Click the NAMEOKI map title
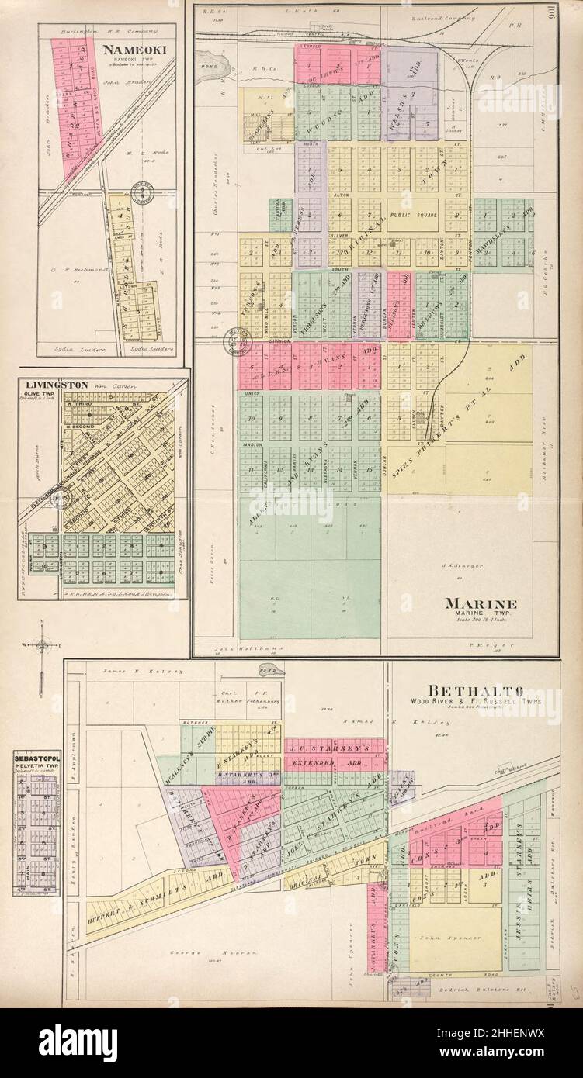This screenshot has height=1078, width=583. (128, 49)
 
